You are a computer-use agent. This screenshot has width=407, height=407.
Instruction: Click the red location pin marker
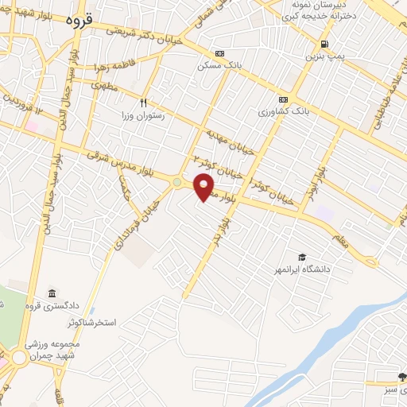click(x=204, y=188)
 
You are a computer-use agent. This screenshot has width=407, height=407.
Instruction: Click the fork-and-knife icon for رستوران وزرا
click(x=144, y=102)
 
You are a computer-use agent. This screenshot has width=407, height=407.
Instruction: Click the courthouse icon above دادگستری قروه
click(x=52, y=293)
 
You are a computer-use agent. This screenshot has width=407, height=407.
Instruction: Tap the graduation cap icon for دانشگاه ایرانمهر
click(x=301, y=256)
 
